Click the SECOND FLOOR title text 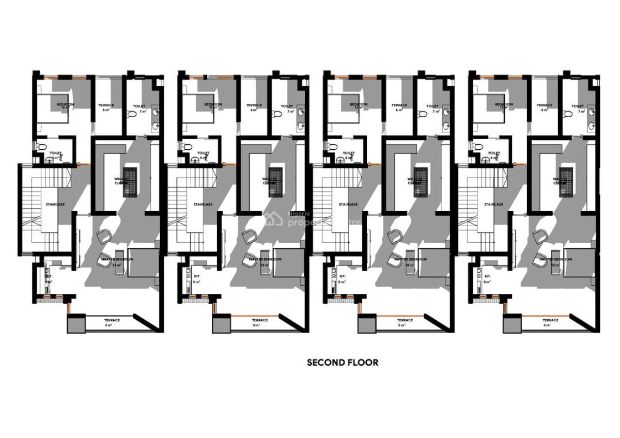pyautogui.click(x=343, y=363)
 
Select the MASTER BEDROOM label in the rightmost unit pyautogui.click(x=556, y=259)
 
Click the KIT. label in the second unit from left pyautogui.click(x=197, y=276)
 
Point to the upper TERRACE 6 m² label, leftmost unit pyautogui.click(x=106, y=107)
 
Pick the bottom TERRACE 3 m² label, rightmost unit pyautogui.click(x=551, y=322)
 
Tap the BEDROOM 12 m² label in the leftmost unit pyautogui.click(x=65, y=106)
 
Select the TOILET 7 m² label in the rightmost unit pyautogui.click(x=577, y=108)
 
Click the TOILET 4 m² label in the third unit pyautogui.click(x=349, y=154)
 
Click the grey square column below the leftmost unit pyautogui.click(x=75, y=325)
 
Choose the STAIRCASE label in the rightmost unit pyautogui.click(x=493, y=205)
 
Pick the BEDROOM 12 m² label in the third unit pyautogui.click(x=358, y=106)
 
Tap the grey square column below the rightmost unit pyautogui.click(x=512, y=325)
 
